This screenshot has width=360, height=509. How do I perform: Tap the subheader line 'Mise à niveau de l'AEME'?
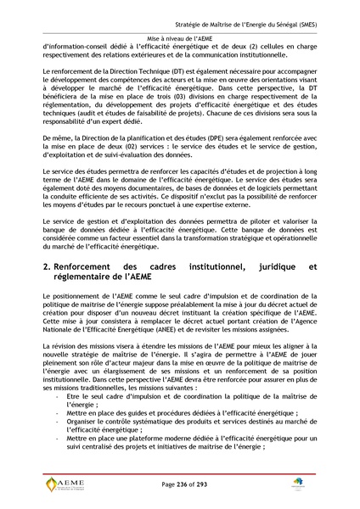pyautogui.click(x=179, y=39)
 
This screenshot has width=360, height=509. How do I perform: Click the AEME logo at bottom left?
pyautogui.click(x=65, y=484)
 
